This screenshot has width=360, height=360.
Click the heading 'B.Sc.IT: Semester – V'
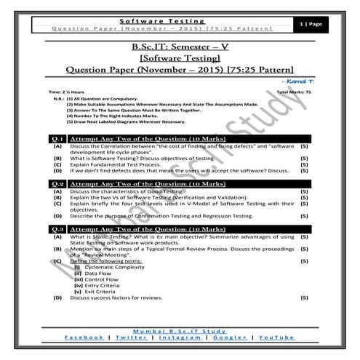pos(179,47)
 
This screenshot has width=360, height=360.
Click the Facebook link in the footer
pos(84,338)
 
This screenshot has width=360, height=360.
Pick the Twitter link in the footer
pos(131,338)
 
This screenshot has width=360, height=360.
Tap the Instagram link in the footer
pos(180,338)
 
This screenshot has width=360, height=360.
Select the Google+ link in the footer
pos(231,338)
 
